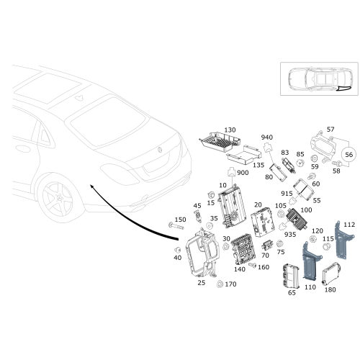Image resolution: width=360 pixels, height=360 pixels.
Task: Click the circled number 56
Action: point(348,155)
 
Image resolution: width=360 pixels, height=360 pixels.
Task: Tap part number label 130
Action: point(230,130)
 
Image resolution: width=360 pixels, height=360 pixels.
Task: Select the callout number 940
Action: point(267,138)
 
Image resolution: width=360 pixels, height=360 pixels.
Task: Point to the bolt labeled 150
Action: point(176,226)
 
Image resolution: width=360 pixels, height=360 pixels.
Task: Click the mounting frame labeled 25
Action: point(203,253)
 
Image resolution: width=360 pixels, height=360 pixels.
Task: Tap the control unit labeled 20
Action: point(262,222)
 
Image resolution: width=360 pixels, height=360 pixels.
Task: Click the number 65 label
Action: point(292,293)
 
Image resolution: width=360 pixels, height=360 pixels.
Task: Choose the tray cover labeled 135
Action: point(243,156)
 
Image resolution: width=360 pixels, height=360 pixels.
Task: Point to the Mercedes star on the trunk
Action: point(160,150)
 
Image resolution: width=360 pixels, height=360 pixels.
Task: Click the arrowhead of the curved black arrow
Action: point(91,186)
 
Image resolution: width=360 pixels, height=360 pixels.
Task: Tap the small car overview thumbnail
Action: point(319,79)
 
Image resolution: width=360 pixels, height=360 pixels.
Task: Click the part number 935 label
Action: point(290,235)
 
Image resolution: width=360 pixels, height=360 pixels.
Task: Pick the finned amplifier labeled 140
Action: point(243,250)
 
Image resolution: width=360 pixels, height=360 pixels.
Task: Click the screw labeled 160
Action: point(253,265)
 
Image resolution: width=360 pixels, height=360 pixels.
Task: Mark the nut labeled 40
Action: point(178,250)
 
